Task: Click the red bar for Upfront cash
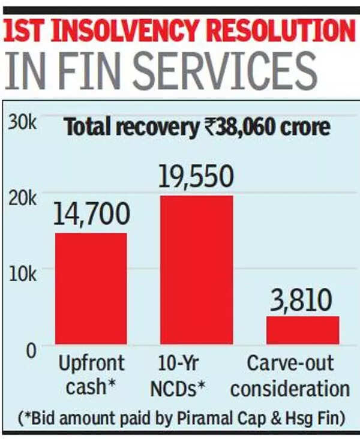(91, 288)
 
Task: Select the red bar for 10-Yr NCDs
(196, 269)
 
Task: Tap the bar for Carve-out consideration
(302, 330)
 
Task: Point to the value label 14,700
(91, 215)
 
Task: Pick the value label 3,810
(302, 298)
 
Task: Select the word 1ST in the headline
(28, 32)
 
